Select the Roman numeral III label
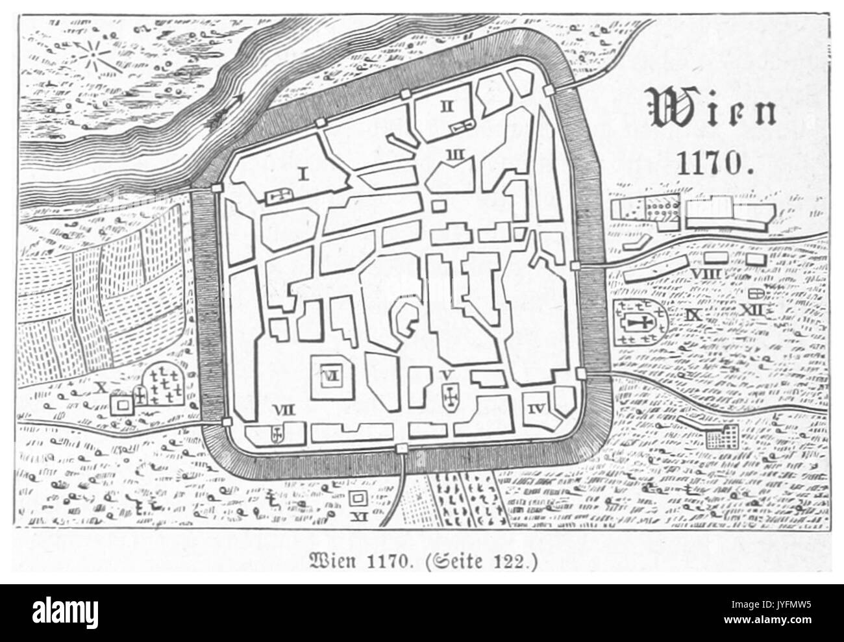[x=454, y=154]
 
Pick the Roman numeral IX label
[x=694, y=315]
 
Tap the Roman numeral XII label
[x=753, y=310]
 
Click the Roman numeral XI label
[x=356, y=516]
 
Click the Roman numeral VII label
[x=284, y=409]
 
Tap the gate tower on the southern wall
[x=402, y=448]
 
